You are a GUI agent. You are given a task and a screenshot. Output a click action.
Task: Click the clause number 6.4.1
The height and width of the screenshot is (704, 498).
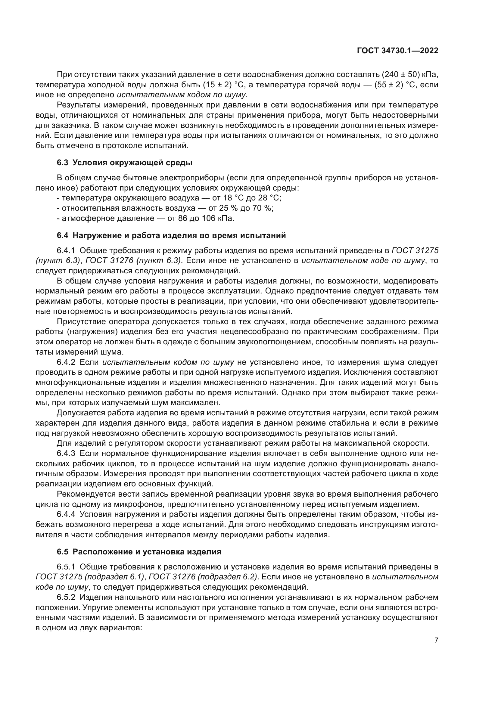(x=66, y=250)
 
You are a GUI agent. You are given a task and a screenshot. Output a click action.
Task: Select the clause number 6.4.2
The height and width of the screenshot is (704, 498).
(x=66, y=362)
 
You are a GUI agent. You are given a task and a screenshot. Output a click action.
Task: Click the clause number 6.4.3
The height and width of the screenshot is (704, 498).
(x=66, y=454)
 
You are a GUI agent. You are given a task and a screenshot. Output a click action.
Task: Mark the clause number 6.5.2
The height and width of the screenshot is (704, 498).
(x=66, y=597)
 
